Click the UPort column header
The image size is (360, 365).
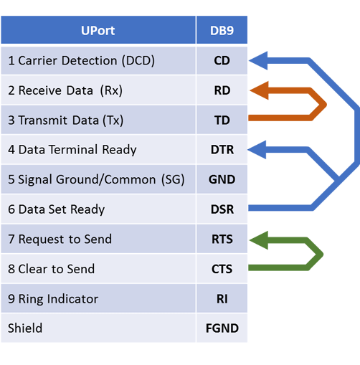tap(98, 30)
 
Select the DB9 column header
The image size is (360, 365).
tap(222, 30)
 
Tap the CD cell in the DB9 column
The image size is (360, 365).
tap(222, 60)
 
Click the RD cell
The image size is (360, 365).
tap(222, 90)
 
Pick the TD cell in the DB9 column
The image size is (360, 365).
tap(222, 120)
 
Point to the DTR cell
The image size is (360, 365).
tap(222, 150)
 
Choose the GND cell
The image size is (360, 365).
tap(222, 179)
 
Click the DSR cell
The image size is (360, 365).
tap(222, 209)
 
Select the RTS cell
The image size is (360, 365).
tap(222, 239)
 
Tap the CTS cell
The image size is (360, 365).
tap(222, 269)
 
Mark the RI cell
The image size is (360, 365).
tap(222, 298)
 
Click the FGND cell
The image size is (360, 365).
tap(222, 328)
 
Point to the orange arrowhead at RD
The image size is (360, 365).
tap(259, 90)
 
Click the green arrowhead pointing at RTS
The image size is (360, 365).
tap(259, 240)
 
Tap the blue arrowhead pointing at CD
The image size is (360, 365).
tap(258, 60)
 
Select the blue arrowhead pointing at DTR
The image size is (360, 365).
tap(257, 150)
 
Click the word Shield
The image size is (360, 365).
tap(25, 328)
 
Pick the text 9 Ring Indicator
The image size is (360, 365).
tap(53, 299)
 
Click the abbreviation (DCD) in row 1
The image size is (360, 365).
tap(138, 61)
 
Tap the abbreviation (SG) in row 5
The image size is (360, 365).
tap(173, 179)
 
